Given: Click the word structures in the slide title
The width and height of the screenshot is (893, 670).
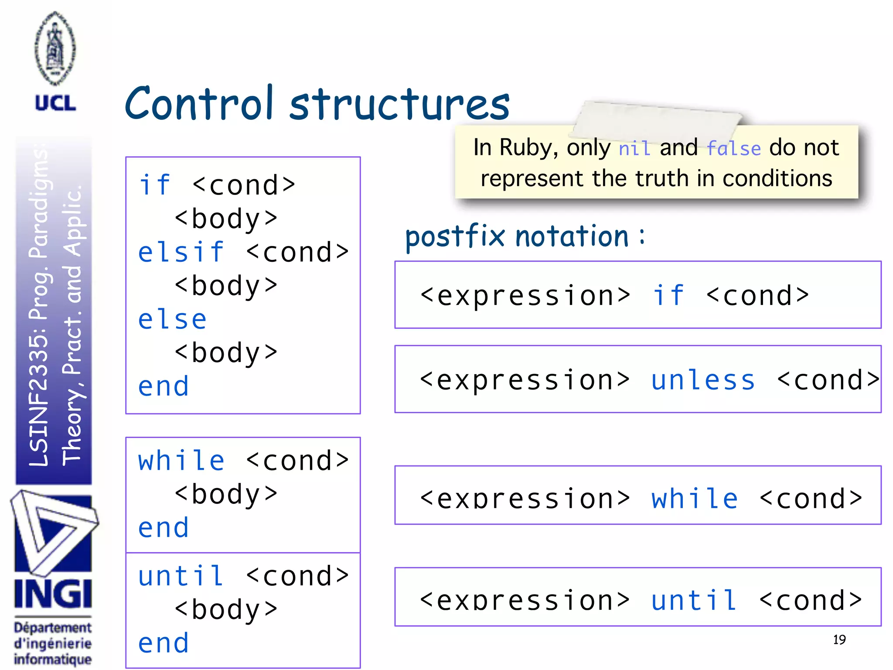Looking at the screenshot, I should click(x=399, y=105).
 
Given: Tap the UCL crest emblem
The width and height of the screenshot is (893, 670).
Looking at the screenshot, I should click(x=55, y=49).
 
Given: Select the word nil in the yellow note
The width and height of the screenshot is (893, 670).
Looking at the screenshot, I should click(x=634, y=149).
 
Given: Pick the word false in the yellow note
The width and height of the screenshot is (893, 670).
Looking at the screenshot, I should click(x=733, y=149).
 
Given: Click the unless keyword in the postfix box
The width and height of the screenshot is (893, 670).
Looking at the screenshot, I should click(x=703, y=380).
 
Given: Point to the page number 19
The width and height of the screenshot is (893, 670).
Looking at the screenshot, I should click(x=839, y=639).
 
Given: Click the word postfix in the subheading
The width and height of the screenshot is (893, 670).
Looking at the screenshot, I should click(x=455, y=237).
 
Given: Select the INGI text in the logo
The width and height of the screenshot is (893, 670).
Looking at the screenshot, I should click(x=53, y=594).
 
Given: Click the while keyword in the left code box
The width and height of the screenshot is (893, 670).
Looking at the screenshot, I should click(x=181, y=461).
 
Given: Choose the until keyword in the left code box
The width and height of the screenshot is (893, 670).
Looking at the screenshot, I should click(x=181, y=576).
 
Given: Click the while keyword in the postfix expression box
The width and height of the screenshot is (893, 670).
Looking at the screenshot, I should click(x=695, y=499).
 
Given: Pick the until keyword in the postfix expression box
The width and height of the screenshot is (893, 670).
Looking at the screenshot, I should click(x=694, y=600).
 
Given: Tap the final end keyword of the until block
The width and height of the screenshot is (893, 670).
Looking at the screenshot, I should click(x=164, y=643).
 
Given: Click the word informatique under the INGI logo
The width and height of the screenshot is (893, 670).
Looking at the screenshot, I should click(x=53, y=659).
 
